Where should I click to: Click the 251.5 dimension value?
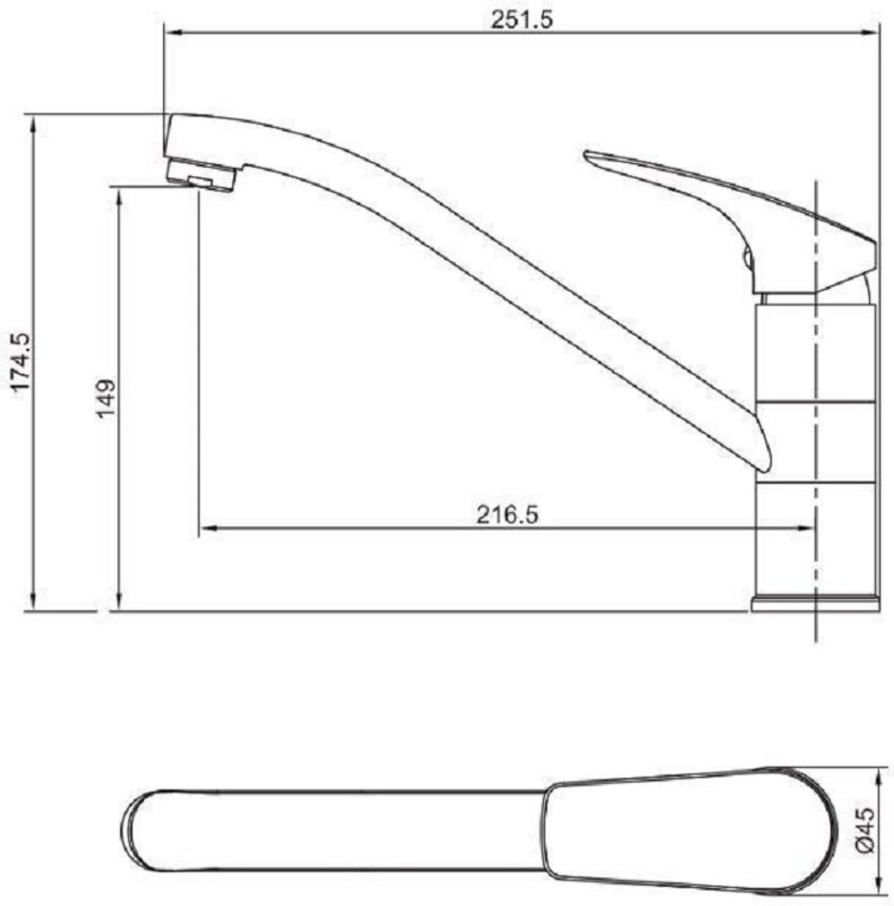(x=522, y=19)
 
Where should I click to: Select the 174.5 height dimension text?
(x=21, y=362)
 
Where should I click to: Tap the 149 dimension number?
(x=106, y=398)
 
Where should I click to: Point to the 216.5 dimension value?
(x=507, y=514)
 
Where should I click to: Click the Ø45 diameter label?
(x=864, y=831)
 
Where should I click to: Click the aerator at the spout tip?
(x=201, y=175)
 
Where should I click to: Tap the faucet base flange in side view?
(x=816, y=604)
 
